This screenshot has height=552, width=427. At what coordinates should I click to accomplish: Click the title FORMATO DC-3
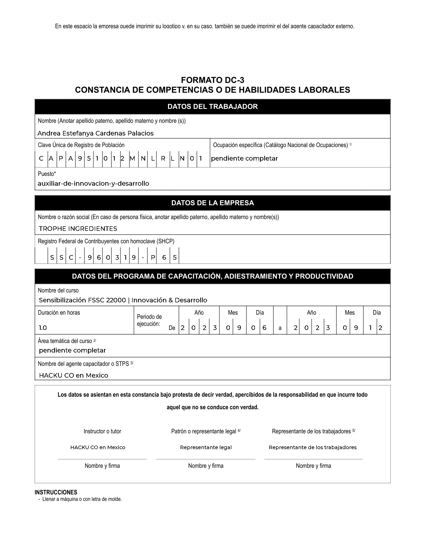point(212,80)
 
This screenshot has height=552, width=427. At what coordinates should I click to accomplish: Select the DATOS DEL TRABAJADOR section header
point(212,107)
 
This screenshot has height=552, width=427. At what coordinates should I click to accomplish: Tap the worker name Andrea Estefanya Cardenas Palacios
point(95,133)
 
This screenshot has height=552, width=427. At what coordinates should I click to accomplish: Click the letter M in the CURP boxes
point(132,159)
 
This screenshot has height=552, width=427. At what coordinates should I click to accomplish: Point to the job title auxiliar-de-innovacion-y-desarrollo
point(93,183)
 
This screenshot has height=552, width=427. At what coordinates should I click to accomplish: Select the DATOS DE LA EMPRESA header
point(212,203)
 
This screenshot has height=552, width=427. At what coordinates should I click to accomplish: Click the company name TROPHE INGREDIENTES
point(78,229)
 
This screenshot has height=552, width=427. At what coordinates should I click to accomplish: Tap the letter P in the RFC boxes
point(153,257)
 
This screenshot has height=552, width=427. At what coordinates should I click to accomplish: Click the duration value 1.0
point(43,328)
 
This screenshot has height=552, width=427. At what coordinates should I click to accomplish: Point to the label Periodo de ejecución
point(149,320)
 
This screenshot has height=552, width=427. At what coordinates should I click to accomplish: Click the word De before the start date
point(172,328)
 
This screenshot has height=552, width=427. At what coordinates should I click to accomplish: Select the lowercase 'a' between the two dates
point(280,328)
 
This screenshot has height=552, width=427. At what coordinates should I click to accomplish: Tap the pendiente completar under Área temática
point(72,350)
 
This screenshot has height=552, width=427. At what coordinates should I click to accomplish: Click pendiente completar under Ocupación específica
point(244,159)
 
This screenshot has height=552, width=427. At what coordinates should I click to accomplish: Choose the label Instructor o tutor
point(102,431)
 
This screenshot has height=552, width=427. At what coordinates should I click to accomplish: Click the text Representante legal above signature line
point(206,447)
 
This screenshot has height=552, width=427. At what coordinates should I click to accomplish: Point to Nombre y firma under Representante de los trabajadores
point(313,466)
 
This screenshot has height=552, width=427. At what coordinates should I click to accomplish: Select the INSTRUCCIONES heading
point(56,492)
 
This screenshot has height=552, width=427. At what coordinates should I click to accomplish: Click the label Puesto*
point(47,174)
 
